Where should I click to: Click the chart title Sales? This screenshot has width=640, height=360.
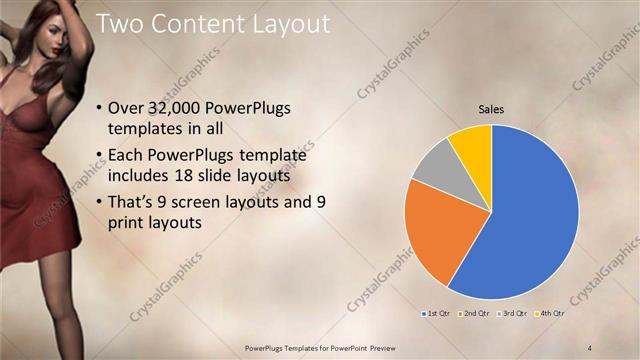click(x=491, y=109)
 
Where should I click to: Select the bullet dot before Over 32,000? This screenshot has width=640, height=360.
click(x=97, y=110)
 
